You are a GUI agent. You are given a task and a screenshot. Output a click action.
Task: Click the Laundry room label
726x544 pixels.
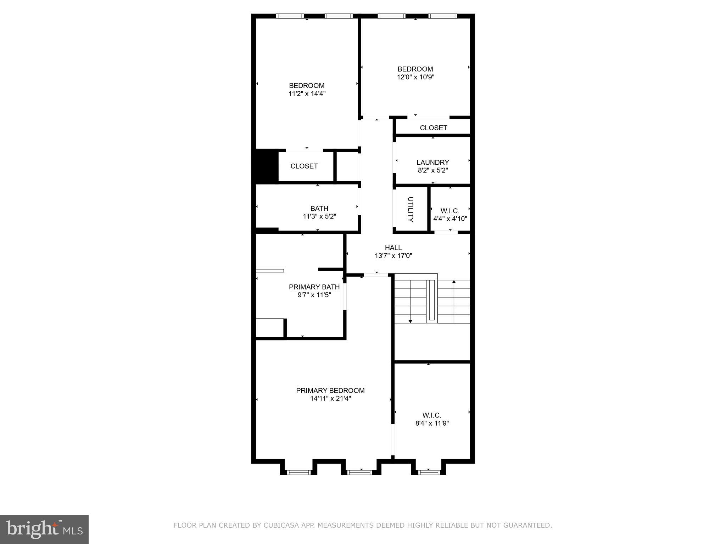click(x=432, y=162)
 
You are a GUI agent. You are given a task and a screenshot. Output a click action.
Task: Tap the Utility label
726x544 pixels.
click(x=411, y=209)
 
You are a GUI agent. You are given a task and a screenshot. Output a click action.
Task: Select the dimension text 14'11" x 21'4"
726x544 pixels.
click(x=330, y=398)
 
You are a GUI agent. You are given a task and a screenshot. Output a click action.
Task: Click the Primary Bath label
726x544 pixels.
click(x=314, y=287)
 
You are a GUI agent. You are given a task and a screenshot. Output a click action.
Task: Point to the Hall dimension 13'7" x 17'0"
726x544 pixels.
click(x=393, y=256)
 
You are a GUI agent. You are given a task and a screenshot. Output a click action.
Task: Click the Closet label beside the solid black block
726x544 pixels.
click(x=304, y=166)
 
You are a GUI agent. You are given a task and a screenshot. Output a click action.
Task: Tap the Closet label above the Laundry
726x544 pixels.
click(x=433, y=128)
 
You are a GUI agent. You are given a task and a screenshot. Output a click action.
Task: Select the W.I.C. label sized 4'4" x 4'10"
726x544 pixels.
click(x=450, y=211)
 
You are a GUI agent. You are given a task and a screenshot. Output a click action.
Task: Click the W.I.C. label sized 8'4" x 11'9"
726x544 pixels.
click(x=432, y=415)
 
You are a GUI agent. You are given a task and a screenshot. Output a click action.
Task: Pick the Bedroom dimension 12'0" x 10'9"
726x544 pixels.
click(x=415, y=77)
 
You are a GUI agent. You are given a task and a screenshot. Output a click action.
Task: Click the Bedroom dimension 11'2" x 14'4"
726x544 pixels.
click(x=307, y=94)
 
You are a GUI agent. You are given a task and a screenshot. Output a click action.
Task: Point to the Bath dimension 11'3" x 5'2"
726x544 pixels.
click(x=319, y=216)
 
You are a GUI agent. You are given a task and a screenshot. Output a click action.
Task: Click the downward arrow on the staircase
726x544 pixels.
click(x=411, y=321)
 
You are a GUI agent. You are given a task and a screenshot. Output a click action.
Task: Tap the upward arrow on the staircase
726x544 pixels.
click(x=454, y=282)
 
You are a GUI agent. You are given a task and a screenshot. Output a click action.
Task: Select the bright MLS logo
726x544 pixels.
click(x=44, y=529)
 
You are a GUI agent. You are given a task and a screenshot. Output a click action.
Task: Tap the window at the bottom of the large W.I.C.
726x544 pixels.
click(x=429, y=472)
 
